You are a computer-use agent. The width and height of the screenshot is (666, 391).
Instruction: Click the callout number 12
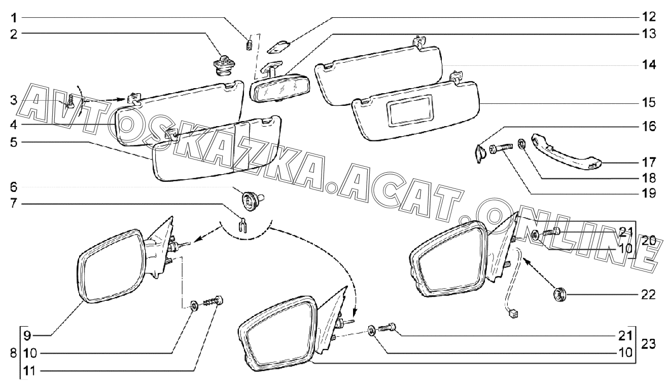coord(649,17)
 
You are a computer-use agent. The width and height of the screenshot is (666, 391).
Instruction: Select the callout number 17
coord(649,163)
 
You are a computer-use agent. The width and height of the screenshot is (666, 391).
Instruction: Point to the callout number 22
coord(648,295)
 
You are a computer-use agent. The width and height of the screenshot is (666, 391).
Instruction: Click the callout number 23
coord(648,344)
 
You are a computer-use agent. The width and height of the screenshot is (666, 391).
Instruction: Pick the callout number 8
coord(13,354)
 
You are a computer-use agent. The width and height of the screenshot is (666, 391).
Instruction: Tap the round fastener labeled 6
coord(252,200)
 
